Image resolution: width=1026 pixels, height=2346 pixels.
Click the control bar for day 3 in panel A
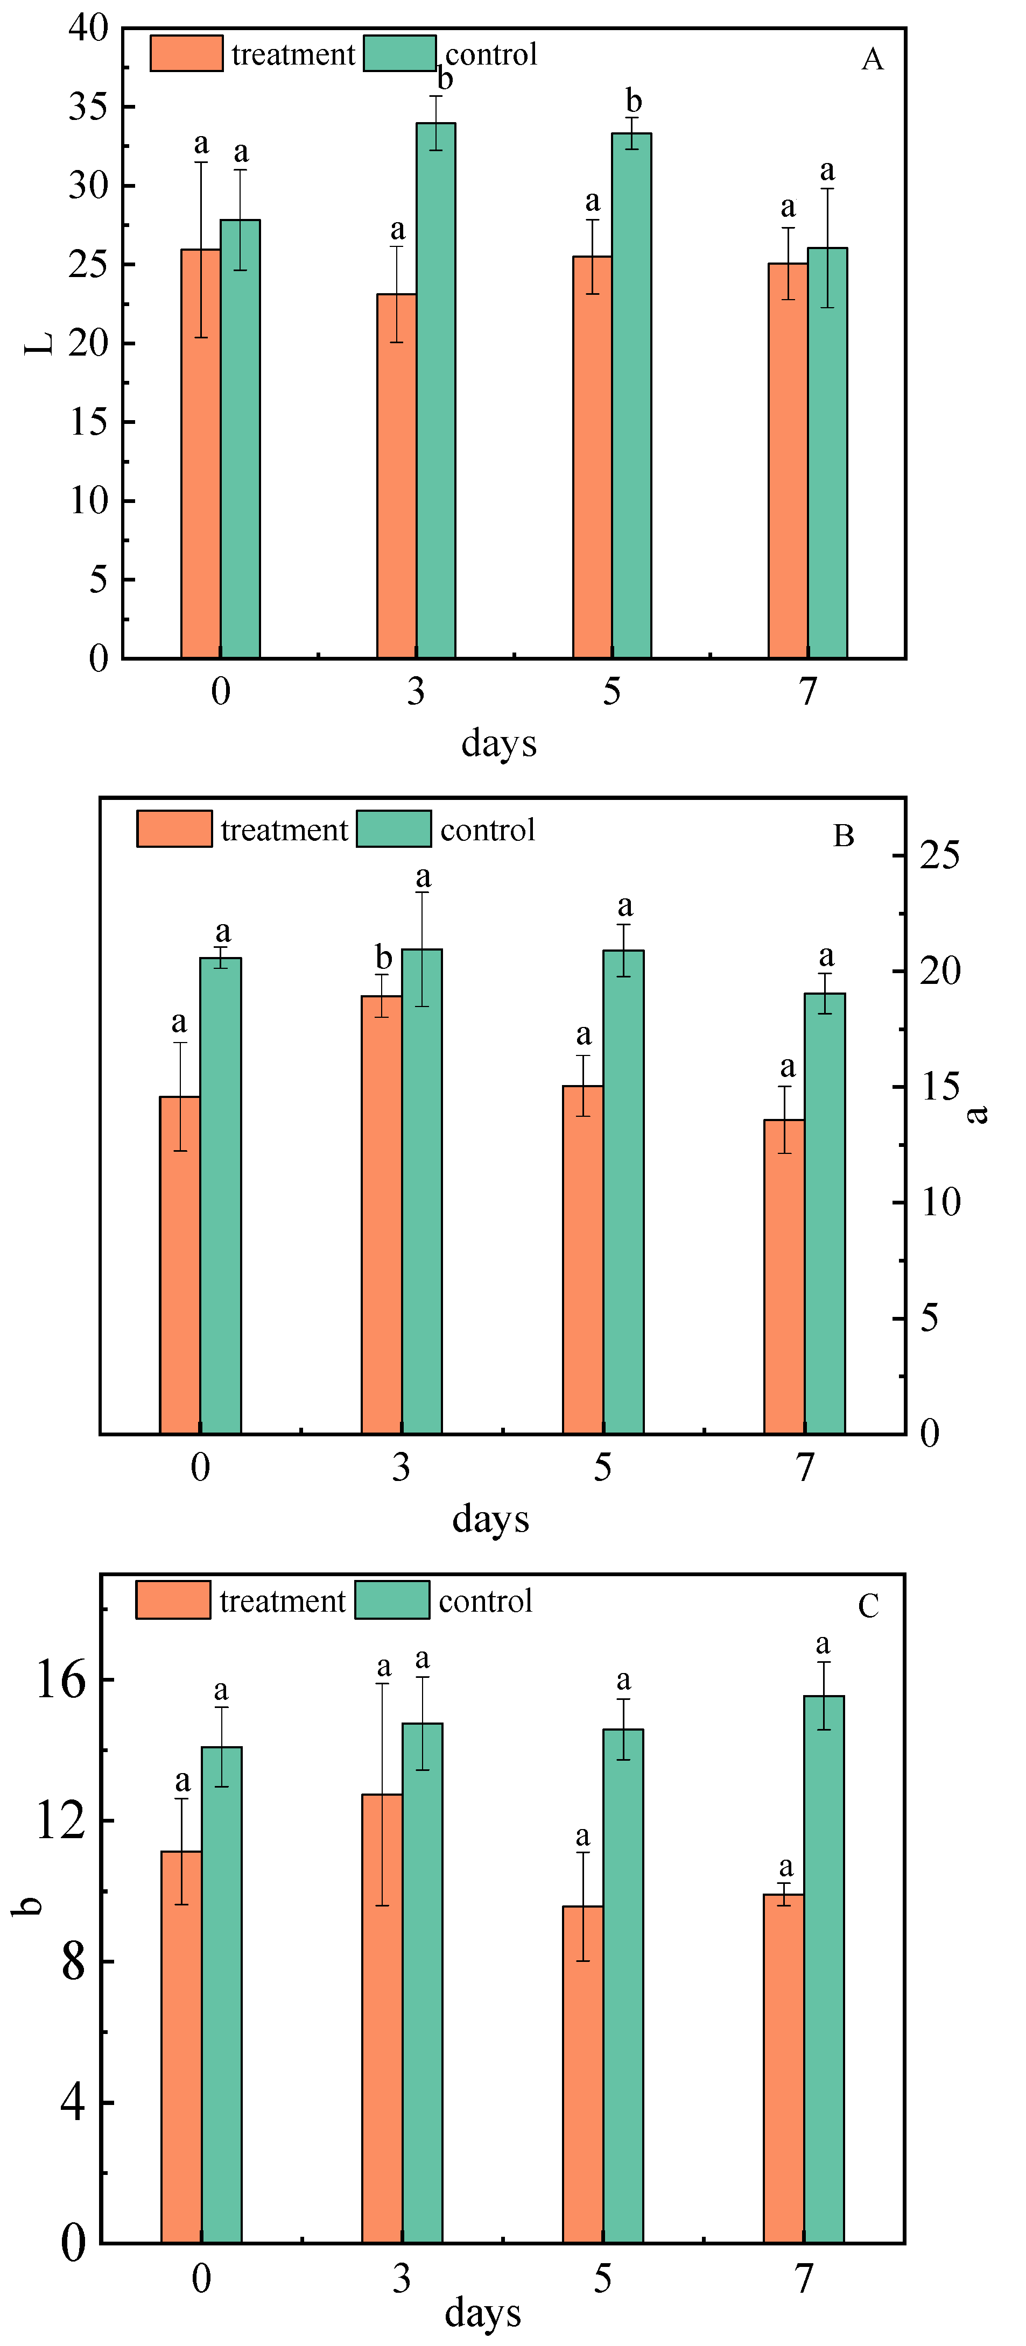pyautogui.click(x=435, y=392)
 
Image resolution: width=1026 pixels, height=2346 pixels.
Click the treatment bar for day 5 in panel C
pyautogui.click(x=582, y=2076)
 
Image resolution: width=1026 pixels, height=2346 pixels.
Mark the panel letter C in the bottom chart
pyautogui.click(x=868, y=1606)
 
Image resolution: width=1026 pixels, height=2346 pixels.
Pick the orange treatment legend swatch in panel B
pyautogui.click(x=174, y=829)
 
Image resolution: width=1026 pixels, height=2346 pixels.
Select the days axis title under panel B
pyautogui.click(x=490, y=1519)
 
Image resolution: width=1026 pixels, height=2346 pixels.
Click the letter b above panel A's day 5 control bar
pyautogui.click(x=633, y=101)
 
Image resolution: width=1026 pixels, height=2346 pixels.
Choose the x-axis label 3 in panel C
pyautogui.click(x=402, y=2279)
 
